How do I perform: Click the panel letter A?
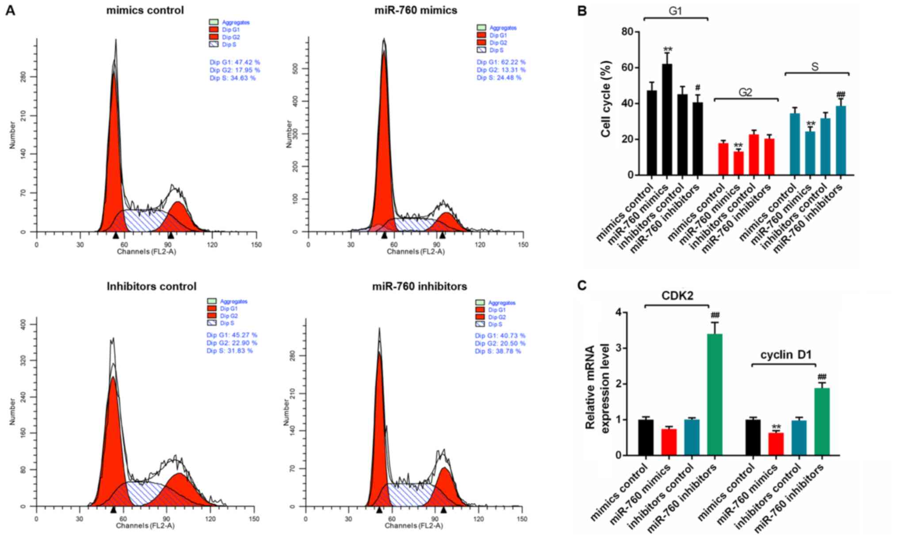[10, 11]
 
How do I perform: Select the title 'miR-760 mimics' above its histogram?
[416, 10]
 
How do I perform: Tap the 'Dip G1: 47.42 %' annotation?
[235, 62]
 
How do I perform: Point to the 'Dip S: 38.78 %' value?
[498, 351]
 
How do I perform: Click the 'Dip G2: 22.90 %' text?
[232, 343]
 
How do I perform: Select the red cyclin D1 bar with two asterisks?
[776, 444]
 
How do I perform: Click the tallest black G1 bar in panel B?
[667, 120]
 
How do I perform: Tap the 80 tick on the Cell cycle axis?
[627, 32]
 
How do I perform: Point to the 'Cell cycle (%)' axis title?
[606, 99]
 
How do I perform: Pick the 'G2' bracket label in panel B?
[745, 93]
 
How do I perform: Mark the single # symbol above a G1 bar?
[698, 88]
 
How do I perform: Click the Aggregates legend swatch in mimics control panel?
[214, 22]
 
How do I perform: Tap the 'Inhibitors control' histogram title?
[151, 286]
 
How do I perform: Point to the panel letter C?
[582, 285]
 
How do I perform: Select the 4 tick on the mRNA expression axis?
[618, 312]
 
